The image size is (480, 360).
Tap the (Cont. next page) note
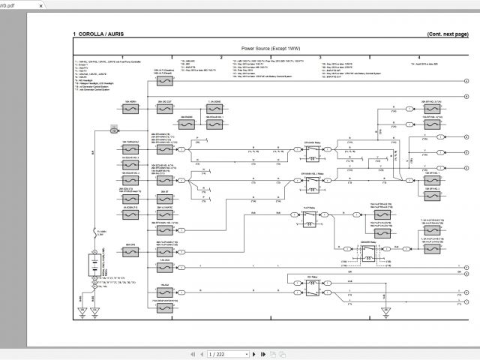click(x=446, y=34)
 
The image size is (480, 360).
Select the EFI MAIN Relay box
click(x=309, y=152)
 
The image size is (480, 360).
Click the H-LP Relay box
click(x=309, y=223)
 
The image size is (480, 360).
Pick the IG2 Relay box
click(x=308, y=287)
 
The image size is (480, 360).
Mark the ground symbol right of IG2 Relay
click(x=385, y=310)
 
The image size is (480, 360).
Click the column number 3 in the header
click(x=320, y=57)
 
